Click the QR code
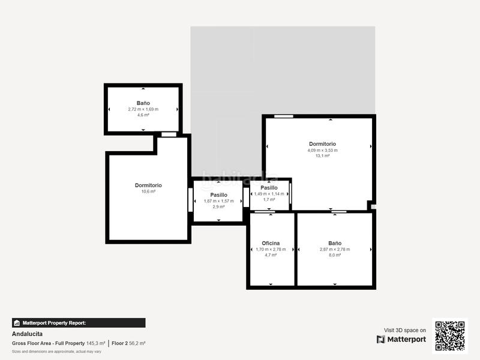tap(450, 335)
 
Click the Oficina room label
tap(271, 243)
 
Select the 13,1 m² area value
tap(322, 156)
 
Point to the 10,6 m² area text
tap(148, 191)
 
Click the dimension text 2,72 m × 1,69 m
tap(143, 109)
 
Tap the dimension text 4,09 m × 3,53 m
tap(322, 150)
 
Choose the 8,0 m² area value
tap(334, 255)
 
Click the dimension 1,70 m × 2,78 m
tap(271, 249)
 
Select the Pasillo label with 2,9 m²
tap(218, 195)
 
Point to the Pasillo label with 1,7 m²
tap(269, 188)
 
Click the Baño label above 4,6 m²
tap(143, 103)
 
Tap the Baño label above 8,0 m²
tap(334, 243)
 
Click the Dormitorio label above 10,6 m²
tap(148, 185)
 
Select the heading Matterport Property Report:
tap(54, 323)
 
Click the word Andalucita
tap(28, 334)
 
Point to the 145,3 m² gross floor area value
tap(95, 343)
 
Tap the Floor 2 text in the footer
tap(120, 343)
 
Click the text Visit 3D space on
tap(405, 330)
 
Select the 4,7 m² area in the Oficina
tap(271, 255)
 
